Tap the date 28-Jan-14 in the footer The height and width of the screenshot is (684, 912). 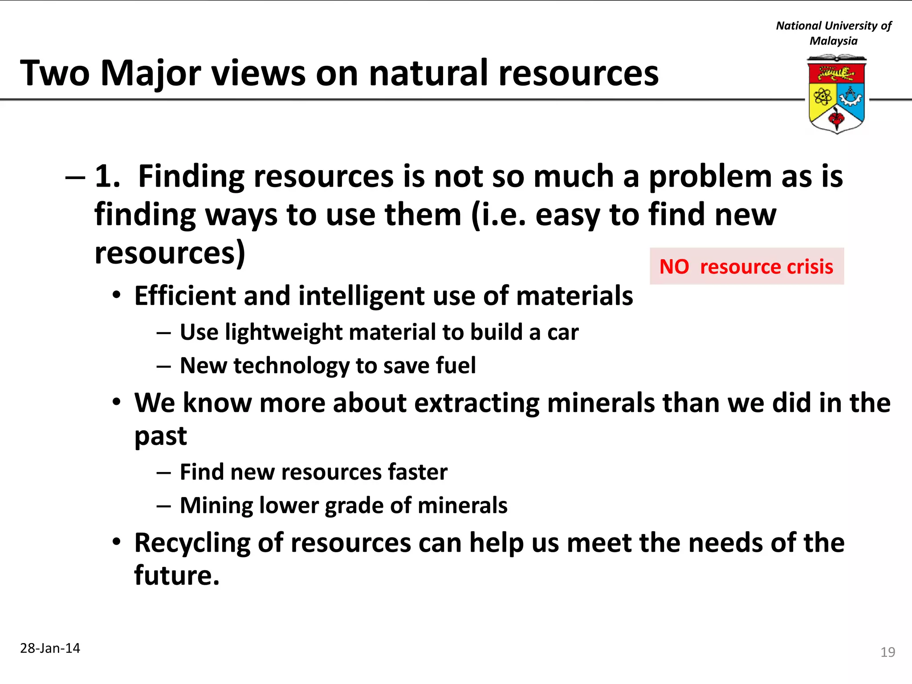click(50, 648)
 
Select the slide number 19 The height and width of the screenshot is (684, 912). click(888, 652)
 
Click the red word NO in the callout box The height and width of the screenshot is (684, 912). click(674, 267)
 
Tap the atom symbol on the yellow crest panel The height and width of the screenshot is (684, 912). click(822, 96)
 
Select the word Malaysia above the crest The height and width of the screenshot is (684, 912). click(833, 41)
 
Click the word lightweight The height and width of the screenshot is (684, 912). click(284, 332)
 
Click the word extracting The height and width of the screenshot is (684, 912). click(477, 403)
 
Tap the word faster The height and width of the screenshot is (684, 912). click(417, 472)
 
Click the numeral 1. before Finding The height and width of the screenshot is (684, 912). click(107, 176)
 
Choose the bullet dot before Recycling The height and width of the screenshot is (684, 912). click(117, 542)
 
